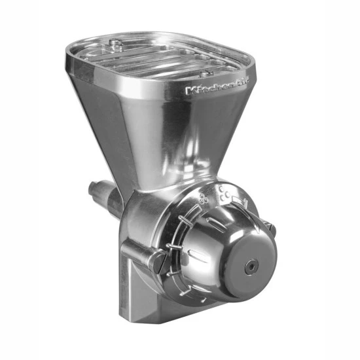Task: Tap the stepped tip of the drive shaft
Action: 94,190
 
